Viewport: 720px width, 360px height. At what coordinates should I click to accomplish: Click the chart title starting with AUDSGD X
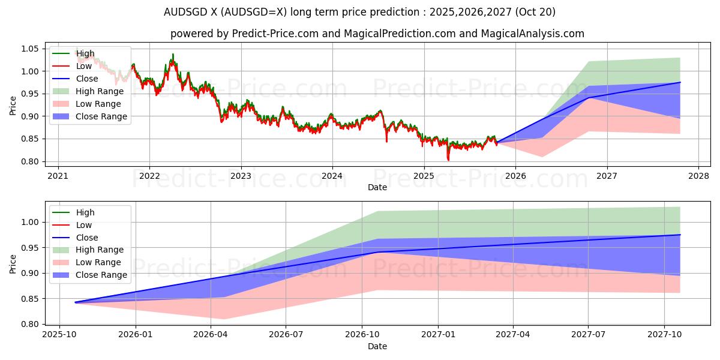click(x=360, y=12)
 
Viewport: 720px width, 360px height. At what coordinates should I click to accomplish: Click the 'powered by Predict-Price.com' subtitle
click(x=377, y=34)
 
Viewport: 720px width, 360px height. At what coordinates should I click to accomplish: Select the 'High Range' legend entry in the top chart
click(x=100, y=91)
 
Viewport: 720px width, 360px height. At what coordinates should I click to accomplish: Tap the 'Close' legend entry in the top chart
click(x=88, y=79)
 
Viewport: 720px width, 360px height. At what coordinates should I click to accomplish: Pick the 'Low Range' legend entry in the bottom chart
click(x=98, y=262)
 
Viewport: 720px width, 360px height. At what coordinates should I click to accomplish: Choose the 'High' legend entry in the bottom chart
click(x=85, y=212)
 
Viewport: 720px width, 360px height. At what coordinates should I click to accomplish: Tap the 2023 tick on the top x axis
click(x=241, y=176)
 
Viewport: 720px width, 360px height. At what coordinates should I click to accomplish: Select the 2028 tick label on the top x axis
click(x=698, y=176)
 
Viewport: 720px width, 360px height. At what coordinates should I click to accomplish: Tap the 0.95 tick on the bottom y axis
click(x=29, y=248)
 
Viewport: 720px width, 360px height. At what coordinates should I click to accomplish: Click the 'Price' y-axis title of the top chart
click(x=13, y=105)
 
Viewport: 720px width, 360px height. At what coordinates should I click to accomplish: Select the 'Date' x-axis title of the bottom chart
click(x=377, y=347)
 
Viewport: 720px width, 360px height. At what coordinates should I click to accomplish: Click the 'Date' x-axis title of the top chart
click(x=377, y=187)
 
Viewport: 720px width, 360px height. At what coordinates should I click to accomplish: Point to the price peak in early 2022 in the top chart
click(x=173, y=55)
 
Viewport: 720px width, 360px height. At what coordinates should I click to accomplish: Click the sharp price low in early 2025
click(x=448, y=160)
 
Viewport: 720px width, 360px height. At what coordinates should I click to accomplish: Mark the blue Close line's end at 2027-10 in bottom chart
click(x=680, y=235)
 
